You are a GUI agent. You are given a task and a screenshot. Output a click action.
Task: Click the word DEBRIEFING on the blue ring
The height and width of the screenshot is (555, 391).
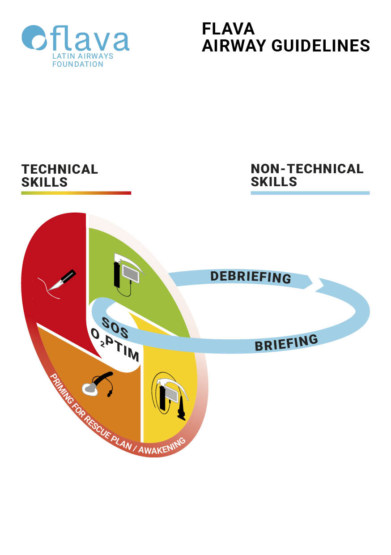251,277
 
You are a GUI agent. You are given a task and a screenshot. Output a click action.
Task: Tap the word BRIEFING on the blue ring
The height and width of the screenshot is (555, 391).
286,342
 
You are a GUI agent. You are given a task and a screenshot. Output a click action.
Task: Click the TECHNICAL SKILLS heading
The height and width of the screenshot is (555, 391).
59,175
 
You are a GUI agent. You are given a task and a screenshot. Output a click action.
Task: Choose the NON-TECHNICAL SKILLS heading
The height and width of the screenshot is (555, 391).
307,175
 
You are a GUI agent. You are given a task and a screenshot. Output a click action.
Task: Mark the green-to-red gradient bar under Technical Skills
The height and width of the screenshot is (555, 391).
76,193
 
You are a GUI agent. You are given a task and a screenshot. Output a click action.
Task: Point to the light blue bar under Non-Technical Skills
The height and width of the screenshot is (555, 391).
310,193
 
